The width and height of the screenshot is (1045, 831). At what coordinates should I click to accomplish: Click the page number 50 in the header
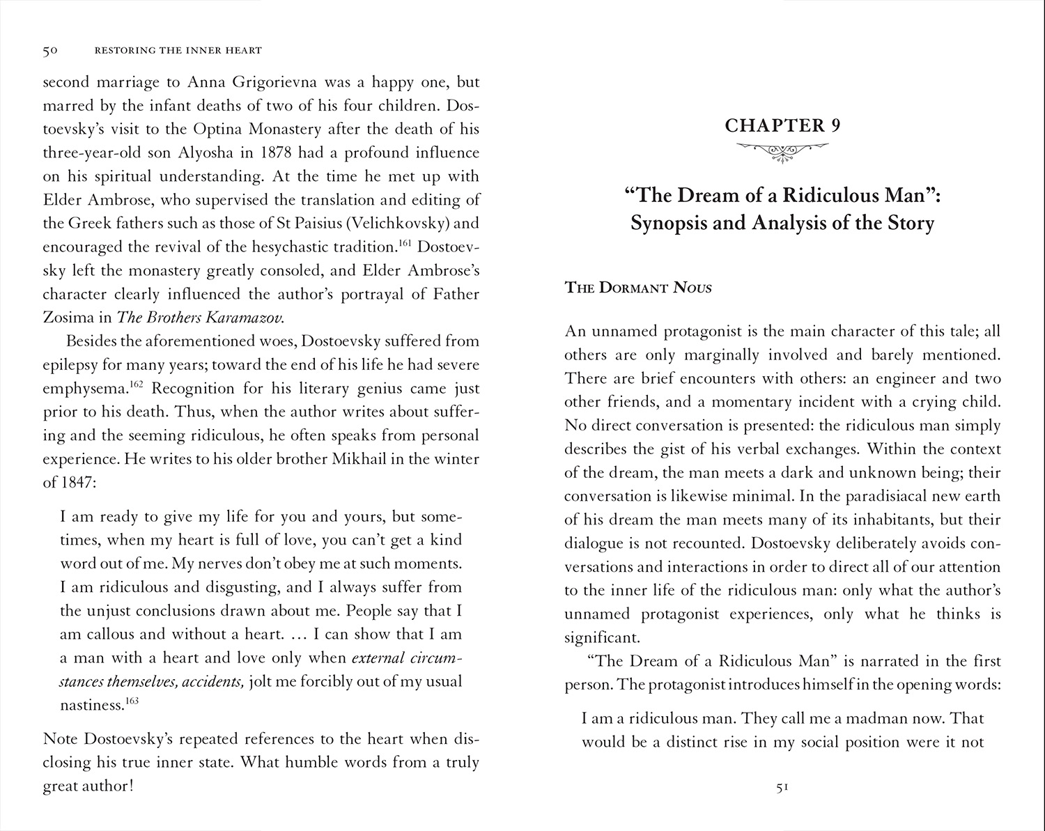click(x=49, y=50)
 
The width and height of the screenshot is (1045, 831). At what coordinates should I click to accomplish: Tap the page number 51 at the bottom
click(x=782, y=787)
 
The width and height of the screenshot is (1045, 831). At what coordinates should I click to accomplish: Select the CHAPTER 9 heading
click(x=782, y=125)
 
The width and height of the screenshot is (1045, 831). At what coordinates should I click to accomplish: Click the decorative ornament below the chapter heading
click(x=782, y=150)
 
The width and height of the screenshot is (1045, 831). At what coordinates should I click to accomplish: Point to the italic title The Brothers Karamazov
click(x=190, y=318)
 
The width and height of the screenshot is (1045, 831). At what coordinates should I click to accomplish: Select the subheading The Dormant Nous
click(x=638, y=288)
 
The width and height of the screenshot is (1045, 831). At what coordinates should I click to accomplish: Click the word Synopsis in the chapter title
click(x=670, y=224)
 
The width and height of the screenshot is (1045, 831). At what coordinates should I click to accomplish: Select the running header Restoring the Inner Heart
click(x=178, y=50)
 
